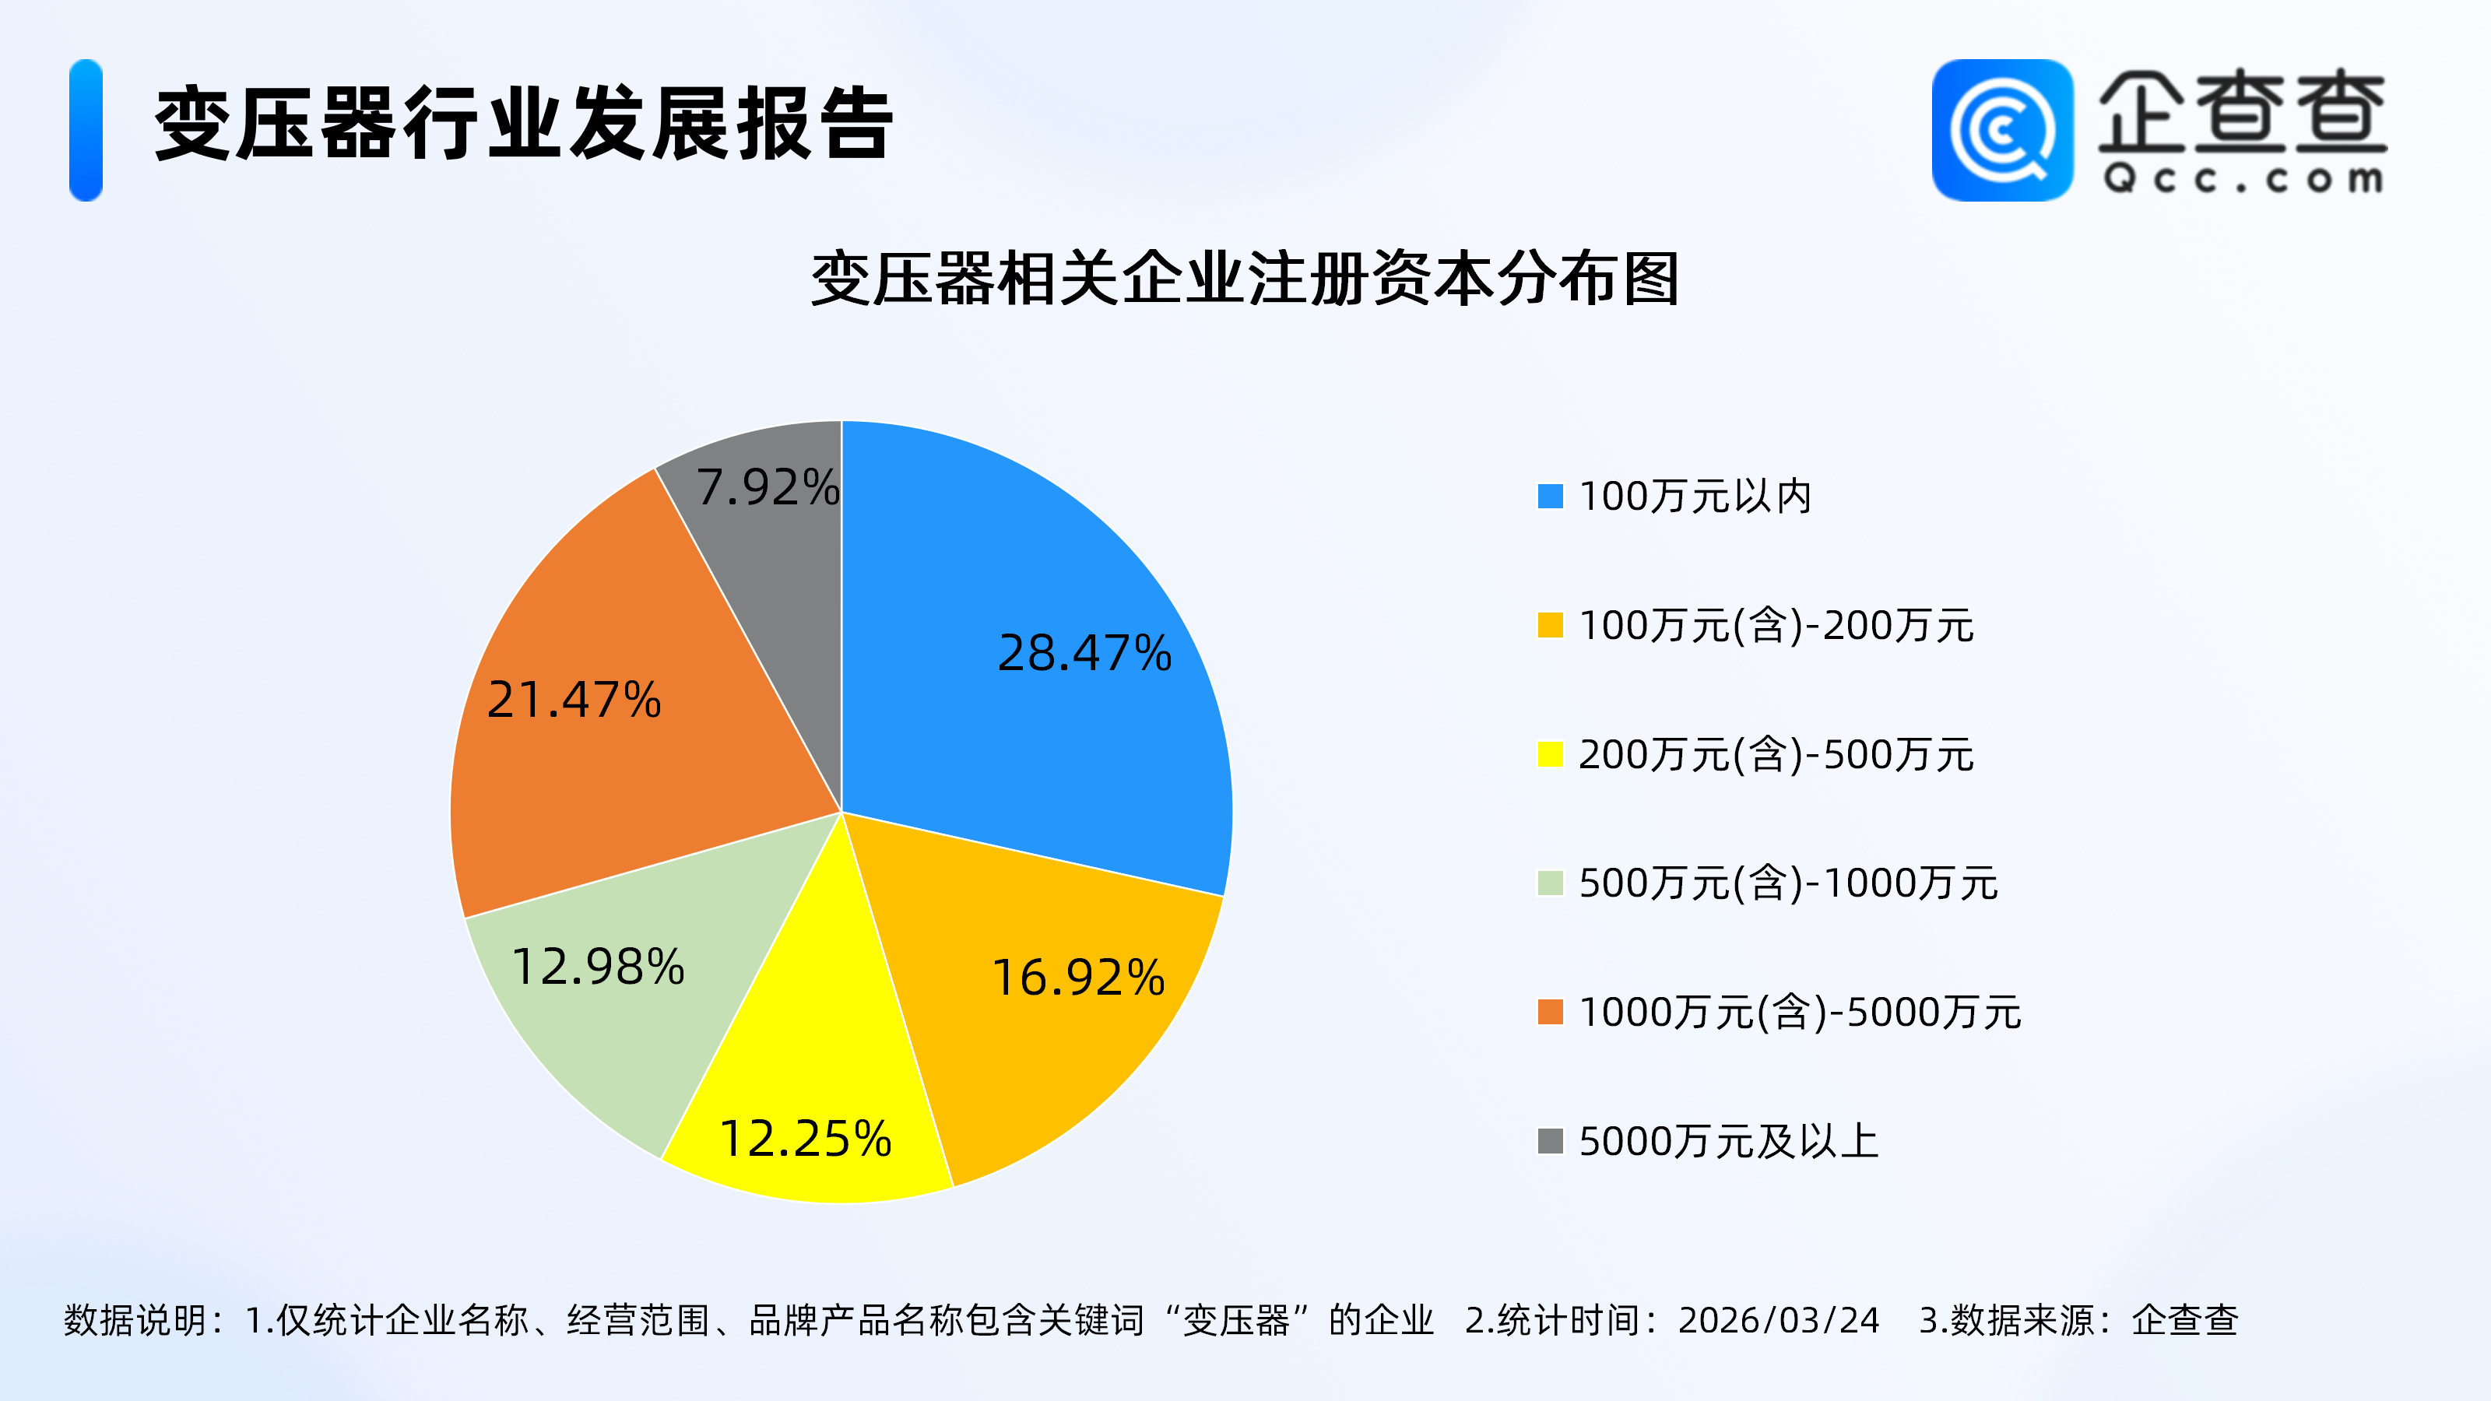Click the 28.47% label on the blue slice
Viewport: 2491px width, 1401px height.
(x=1084, y=654)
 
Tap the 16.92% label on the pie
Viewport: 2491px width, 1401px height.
(x=1078, y=978)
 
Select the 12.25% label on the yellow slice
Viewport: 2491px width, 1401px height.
(x=806, y=1139)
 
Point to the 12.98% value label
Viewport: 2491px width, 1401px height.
(x=598, y=967)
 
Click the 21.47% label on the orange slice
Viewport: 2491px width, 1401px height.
(x=574, y=700)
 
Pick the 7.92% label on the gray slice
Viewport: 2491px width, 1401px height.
(x=768, y=486)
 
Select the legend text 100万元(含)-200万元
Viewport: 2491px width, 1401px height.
(x=1776, y=626)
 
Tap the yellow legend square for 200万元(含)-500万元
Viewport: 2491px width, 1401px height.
(x=1550, y=754)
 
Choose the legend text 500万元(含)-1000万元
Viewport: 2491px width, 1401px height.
(x=1788, y=883)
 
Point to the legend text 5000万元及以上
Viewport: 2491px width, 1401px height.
(x=1728, y=1142)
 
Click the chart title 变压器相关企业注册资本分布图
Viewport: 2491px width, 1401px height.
(x=1245, y=279)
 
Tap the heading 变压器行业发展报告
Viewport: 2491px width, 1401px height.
(x=523, y=124)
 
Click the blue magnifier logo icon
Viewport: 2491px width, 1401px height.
(x=2001, y=131)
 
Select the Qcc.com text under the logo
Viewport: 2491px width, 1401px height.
(x=2243, y=180)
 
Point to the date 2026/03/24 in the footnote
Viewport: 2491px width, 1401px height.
(x=1778, y=1321)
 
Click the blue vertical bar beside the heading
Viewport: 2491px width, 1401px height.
(x=86, y=131)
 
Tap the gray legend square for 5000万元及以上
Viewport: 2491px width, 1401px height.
(x=1550, y=1142)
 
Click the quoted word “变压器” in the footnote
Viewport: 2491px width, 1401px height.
(x=1237, y=1321)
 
